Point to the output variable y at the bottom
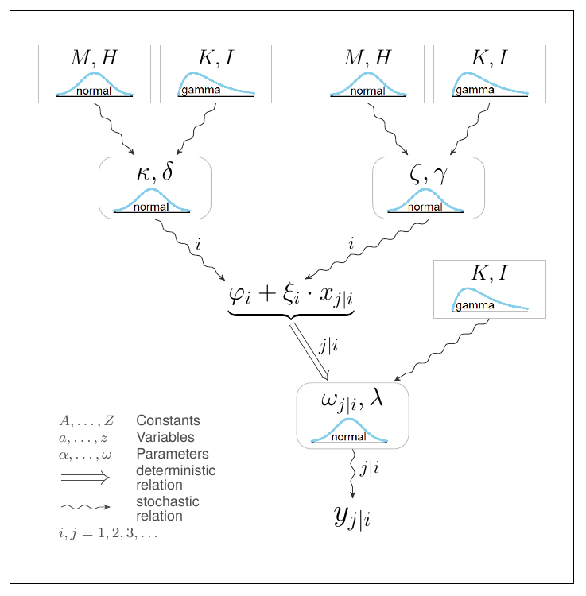tap(352, 517)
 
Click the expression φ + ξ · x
tap(291, 295)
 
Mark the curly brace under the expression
tap(291, 315)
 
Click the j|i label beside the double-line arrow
tap(328, 345)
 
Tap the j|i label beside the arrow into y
tap(369, 468)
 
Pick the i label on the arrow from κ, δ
tap(198, 244)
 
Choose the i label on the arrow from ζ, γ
tap(351, 244)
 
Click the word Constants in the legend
tap(168, 420)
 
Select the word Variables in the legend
tap(165, 437)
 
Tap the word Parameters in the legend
tap(172, 454)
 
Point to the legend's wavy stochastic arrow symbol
tap(85, 506)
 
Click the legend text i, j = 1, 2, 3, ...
tap(107, 533)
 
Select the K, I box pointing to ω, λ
tap(489, 288)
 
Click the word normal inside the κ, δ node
tap(151, 207)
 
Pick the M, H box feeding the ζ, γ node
tap(367, 74)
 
